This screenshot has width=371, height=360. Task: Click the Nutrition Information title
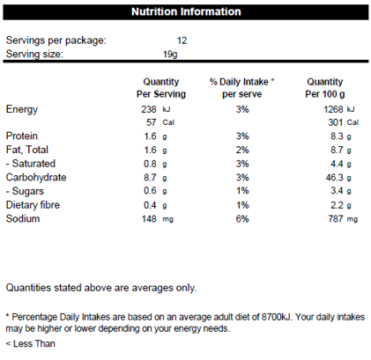point(186,11)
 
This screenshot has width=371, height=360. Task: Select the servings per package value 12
point(182,40)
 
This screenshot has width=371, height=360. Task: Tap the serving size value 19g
point(170,55)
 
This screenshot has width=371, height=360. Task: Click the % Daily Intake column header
point(241,88)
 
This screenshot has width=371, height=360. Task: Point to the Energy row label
point(22,109)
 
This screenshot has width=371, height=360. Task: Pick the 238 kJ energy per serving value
point(156,109)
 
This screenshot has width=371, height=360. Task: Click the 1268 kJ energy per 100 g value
point(339,109)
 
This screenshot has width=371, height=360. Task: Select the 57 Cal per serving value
point(160,122)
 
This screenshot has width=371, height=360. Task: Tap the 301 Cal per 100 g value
point(344,122)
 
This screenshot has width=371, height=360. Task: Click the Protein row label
point(22,136)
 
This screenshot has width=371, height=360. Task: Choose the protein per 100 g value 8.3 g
point(341,136)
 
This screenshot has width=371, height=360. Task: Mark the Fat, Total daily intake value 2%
point(242,150)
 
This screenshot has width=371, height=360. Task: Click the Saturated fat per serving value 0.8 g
point(155,164)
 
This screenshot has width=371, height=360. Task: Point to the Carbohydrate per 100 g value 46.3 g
point(338,178)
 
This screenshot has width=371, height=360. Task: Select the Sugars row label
point(25,191)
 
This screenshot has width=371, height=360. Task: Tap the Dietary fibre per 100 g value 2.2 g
point(341,205)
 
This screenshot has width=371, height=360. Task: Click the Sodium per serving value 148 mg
point(158,219)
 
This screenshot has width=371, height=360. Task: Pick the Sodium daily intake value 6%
point(242,219)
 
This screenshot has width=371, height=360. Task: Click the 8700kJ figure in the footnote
point(277,317)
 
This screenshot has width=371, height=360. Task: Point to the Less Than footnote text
point(30,343)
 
